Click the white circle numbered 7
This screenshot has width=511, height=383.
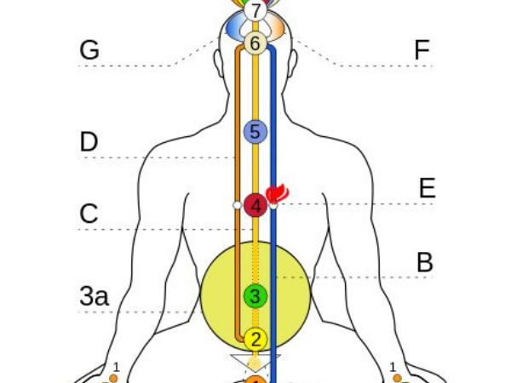coord(255,12)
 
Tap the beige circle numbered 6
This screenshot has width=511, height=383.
coord(255,43)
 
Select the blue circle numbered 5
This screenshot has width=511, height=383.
coord(255,132)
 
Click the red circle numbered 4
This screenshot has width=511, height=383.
coord(255,205)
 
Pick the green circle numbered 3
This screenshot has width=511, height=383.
coord(255,296)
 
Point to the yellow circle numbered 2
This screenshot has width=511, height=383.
coord(255,339)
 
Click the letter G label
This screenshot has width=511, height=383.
coord(89,50)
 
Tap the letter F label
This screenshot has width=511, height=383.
coord(422,50)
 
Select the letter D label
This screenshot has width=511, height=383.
coord(89,142)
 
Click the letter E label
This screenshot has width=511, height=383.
coord(427,188)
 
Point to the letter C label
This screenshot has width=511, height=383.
coord(89,214)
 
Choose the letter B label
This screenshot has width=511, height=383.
coord(424,263)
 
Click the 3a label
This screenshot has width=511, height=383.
coord(94,296)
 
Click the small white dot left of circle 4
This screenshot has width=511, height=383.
coord(238,205)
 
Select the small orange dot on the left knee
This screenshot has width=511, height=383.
coord(113,378)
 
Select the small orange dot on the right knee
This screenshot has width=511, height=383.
coord(397,378)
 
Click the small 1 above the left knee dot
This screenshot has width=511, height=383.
coord(117,367)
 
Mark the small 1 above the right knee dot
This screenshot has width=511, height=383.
coord(393,367)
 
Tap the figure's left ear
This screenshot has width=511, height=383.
coord(217,60)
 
